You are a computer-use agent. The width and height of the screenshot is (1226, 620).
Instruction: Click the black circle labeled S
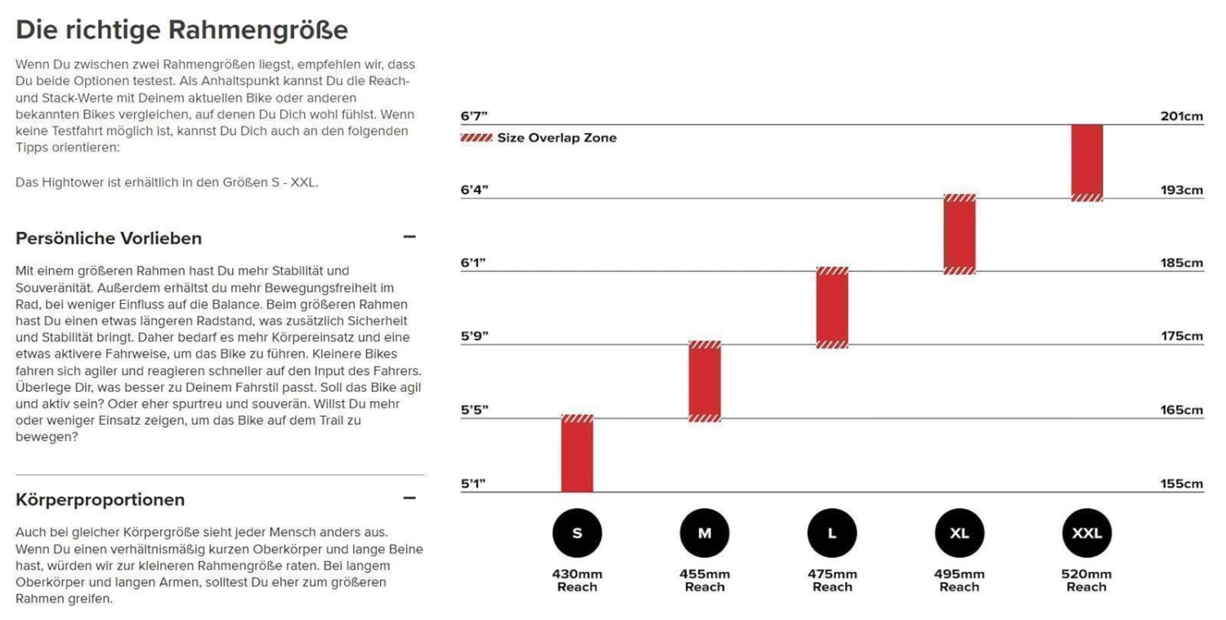point(577,533)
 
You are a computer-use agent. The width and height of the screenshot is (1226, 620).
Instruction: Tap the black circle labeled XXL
point(1086,533)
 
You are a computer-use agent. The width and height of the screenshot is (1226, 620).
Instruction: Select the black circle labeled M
point(705,533)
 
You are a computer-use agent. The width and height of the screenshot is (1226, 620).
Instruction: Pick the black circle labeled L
point(832,533)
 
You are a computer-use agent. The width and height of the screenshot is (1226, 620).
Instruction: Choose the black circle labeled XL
point(960,533)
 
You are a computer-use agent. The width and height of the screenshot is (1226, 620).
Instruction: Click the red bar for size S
point(577,453)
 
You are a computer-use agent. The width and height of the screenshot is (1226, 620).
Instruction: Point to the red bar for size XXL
point(1087,163)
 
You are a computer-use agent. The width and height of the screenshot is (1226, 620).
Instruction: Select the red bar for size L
point(832,307)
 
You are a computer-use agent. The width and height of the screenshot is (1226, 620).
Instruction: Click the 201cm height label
point(1182,116)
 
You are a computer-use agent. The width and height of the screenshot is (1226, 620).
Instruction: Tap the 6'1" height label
point(473,263)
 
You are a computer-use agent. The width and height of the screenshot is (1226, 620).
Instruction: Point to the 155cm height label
point(1182,484)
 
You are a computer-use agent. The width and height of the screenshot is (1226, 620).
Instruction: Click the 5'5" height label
point(473,409)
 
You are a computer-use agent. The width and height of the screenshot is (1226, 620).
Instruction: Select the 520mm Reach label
point(1086,580)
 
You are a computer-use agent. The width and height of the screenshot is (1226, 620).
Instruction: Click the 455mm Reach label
point(705,580)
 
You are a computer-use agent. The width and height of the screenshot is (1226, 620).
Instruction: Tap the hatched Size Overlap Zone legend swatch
point(476,138)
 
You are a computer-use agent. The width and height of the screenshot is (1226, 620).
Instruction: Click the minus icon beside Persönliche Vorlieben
point(409,237)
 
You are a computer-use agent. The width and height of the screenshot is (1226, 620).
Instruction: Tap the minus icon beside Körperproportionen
point(409,498)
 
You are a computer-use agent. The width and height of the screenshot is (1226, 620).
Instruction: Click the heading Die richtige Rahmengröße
point(181,30)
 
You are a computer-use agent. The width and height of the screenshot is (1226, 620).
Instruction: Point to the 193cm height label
point(1182,190)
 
